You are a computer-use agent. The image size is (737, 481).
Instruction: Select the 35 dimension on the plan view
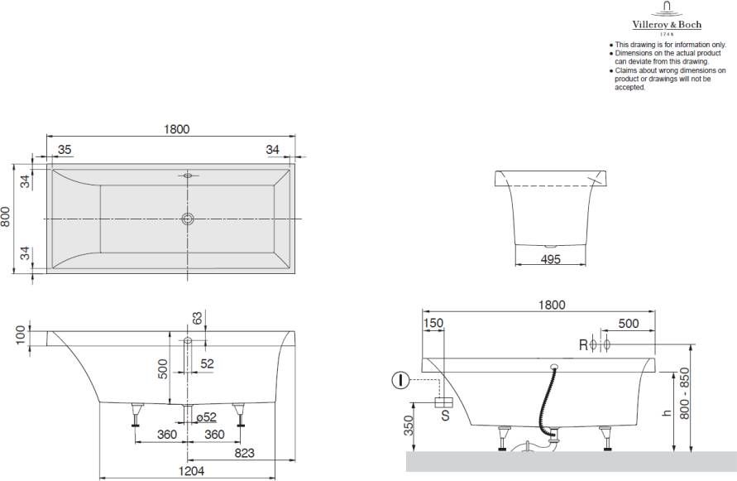(x=65, y=149)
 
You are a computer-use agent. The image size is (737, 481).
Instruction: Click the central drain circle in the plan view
(x=189, y=219)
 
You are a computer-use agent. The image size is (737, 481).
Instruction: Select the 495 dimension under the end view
(x=550, y=259)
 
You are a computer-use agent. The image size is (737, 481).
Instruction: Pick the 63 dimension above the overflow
(x=197, y=318)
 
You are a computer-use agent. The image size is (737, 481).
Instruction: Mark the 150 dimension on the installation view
(x=433, y=324)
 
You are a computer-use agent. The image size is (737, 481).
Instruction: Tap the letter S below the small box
(x=444, y=416)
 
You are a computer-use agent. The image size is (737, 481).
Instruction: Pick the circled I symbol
(x=400, y=381)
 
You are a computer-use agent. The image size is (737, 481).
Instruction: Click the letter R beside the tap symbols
(x=583, y=344)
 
